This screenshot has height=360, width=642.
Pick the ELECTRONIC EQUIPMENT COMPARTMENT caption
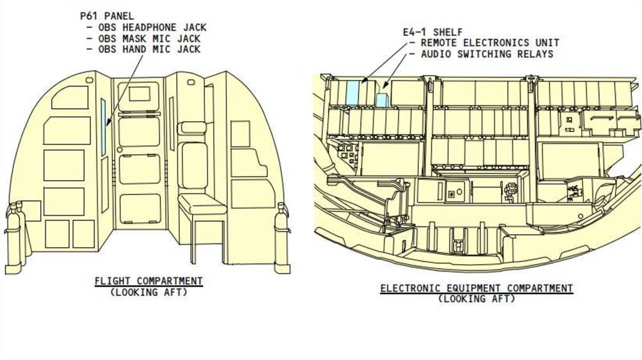point(476,288)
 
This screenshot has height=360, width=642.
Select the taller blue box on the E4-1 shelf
point(353,92)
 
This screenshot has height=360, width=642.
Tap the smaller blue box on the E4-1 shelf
point(382,100)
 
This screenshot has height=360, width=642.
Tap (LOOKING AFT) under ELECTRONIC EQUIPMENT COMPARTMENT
point(476,299)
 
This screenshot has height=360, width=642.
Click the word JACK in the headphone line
point(192,28)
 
